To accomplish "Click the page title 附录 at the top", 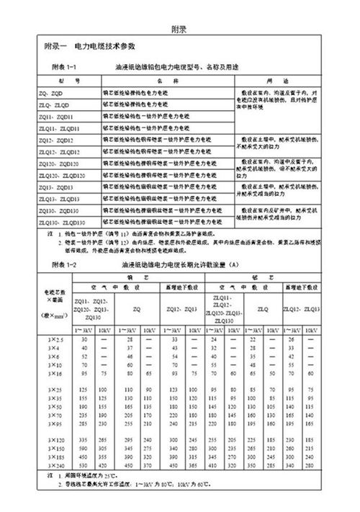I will point(179,30).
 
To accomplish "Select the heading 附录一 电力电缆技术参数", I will point(94,46).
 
